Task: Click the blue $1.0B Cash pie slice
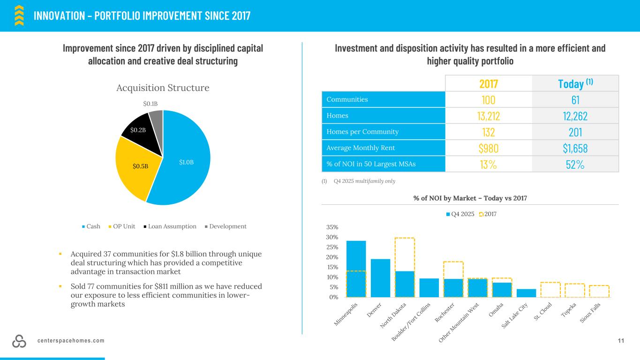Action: [188, 159]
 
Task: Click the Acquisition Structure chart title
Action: [162, 88]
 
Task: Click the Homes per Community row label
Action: [357, 132]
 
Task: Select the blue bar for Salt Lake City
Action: [527, 293]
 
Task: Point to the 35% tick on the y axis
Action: [332, 227]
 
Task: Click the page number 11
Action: [621, 341]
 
